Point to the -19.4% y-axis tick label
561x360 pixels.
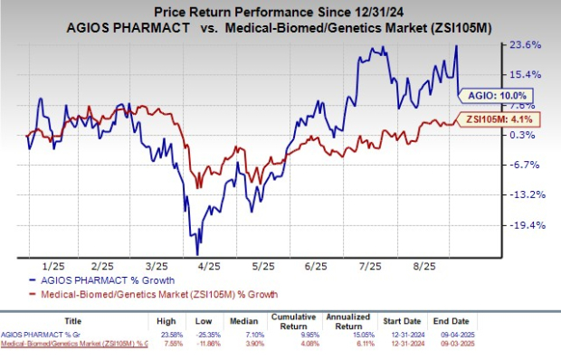[527, 225]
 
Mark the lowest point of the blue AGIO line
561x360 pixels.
[196, 255]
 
